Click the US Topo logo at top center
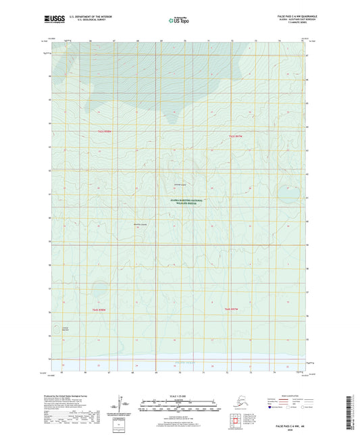pyautogui.click(x=180, y=19)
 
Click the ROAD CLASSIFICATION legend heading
pyautogui.click(x=287, y=394)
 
